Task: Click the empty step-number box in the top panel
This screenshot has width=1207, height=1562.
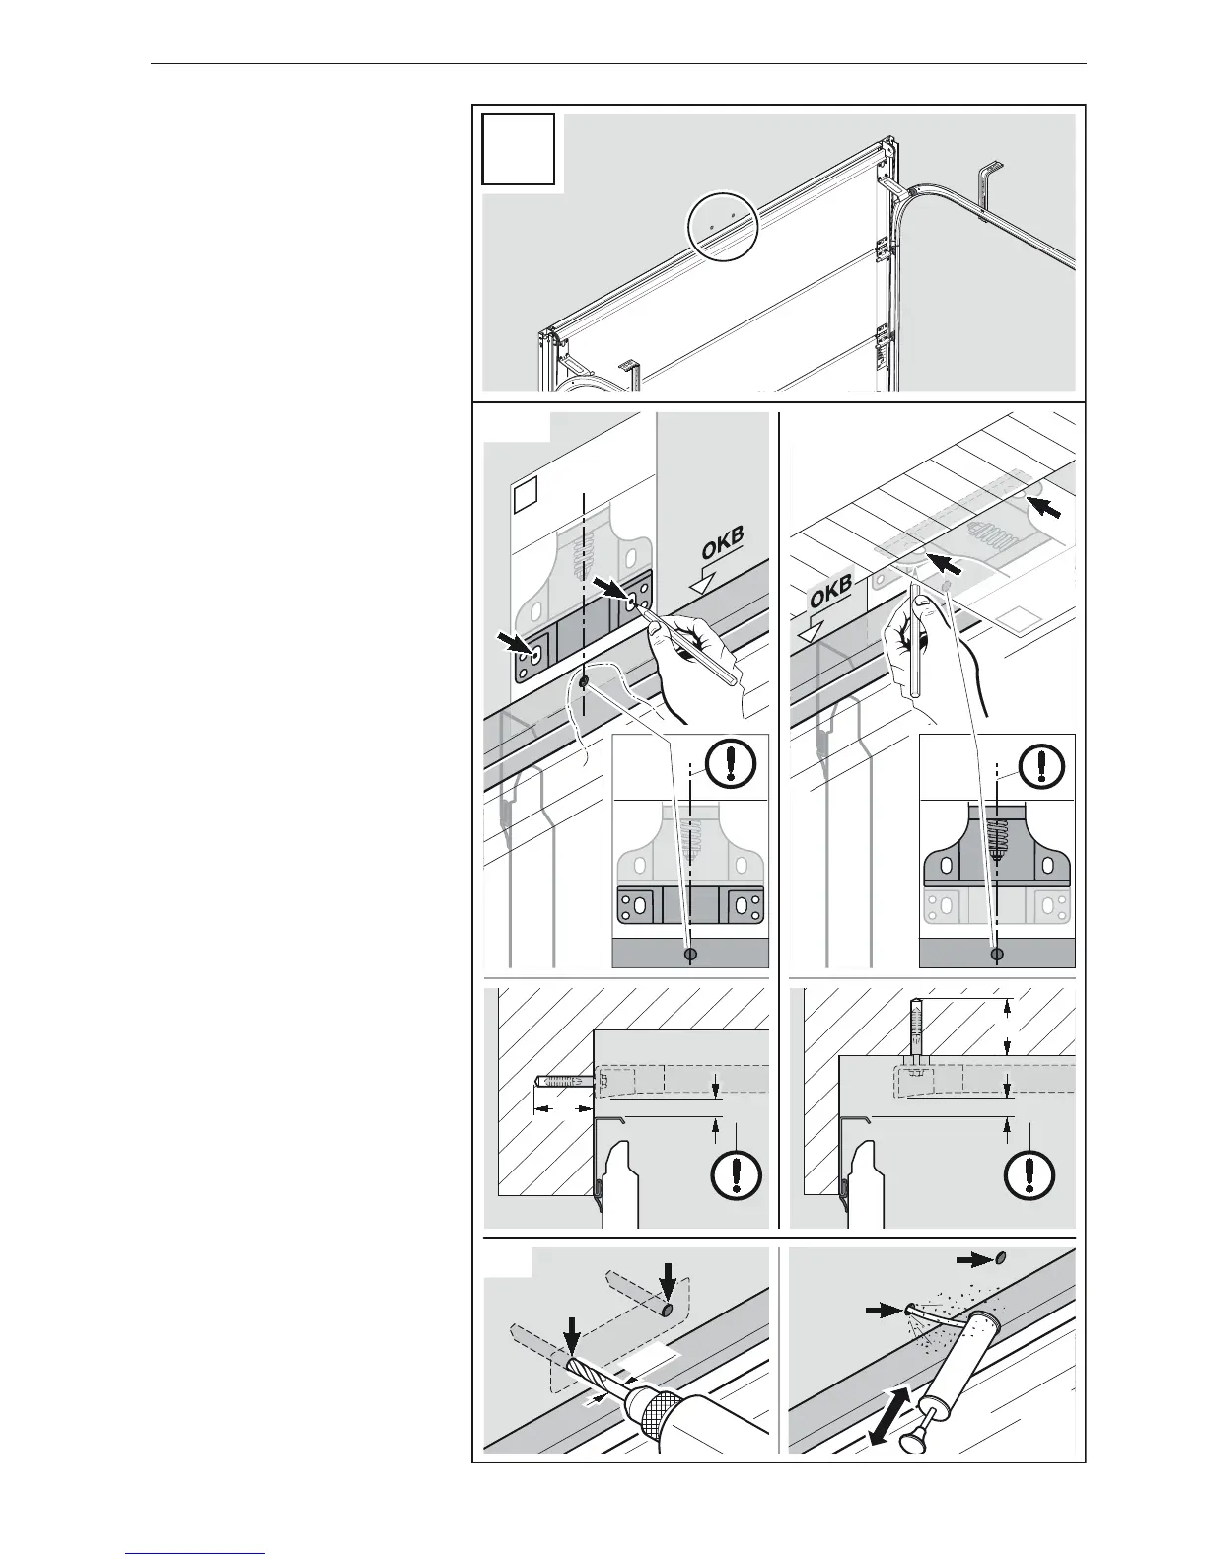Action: (x=518, y=150)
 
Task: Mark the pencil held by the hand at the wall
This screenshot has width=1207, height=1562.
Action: (x=689, y=646)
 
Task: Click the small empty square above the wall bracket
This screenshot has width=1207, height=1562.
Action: (x=528, y=491)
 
